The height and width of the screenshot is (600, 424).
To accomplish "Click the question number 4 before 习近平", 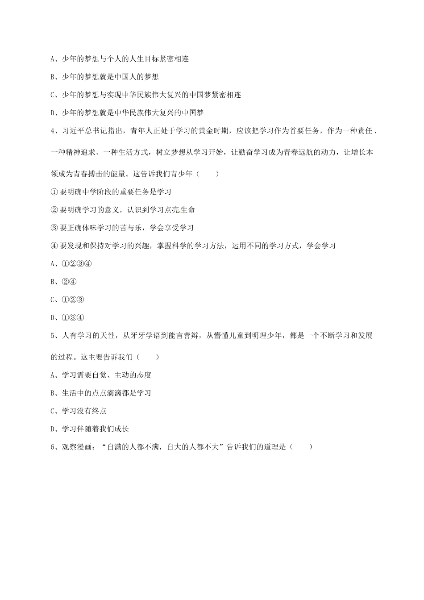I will [x=53, y=131].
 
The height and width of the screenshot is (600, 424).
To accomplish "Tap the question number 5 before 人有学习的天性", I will [x=53, y=336].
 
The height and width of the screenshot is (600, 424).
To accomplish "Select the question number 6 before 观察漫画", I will [x=53, y=447].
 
